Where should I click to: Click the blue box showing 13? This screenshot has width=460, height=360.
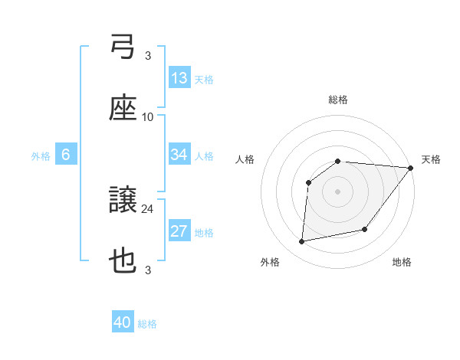179,78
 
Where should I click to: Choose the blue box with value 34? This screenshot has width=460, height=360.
179,155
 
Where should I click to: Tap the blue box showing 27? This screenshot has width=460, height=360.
179,232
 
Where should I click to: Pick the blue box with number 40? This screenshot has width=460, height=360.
123,323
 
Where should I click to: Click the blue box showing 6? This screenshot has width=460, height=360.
66,155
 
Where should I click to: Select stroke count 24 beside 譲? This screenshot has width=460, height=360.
148,208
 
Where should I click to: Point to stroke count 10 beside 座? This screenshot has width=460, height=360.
148,116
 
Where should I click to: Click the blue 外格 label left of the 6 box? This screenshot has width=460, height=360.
41,156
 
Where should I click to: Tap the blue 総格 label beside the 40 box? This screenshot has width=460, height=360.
147,324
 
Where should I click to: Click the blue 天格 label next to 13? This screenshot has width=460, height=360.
203,79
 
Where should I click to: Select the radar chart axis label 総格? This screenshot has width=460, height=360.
338,100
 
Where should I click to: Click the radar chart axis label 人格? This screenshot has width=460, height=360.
245,159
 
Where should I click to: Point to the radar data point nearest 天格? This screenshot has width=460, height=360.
411,169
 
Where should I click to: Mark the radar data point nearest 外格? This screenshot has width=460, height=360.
302,242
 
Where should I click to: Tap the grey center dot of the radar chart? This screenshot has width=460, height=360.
338,191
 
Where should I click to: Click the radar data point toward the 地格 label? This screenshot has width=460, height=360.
365,229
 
